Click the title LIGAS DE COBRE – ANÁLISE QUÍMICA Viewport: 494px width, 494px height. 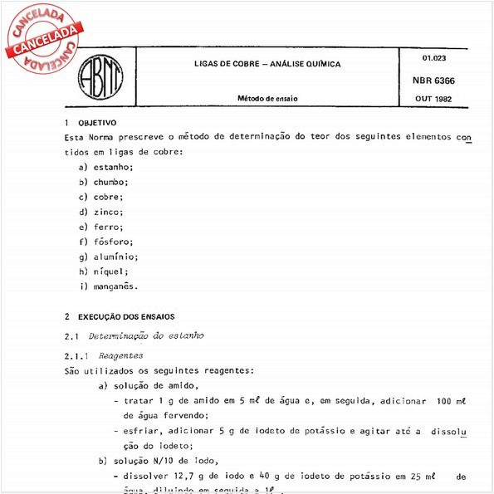(x=256, y=64)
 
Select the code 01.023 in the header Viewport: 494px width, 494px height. (x=433, y=58)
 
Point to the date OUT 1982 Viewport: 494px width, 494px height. (x=434, y=99)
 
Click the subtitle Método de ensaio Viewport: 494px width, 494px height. (x=268, y=99)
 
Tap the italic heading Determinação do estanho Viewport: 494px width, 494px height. (x=145, y=335)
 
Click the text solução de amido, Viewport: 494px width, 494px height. (x=154, y=385)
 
